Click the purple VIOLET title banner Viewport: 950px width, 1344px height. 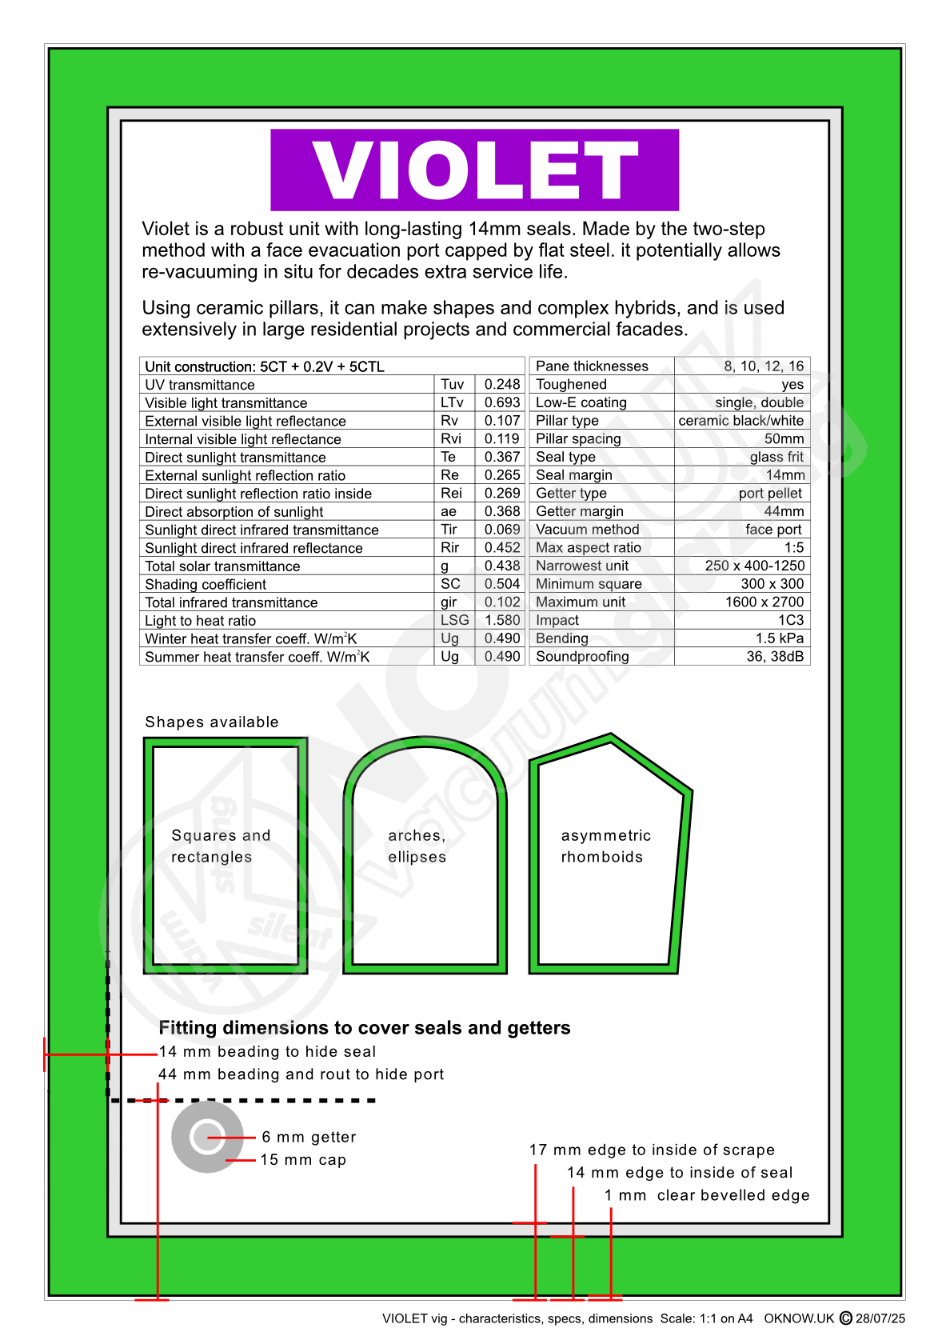474,170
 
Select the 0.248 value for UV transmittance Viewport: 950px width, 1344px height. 501,385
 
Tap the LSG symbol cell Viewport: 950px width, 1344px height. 454,620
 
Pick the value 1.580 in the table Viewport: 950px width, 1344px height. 501,620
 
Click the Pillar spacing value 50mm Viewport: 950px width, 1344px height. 784,439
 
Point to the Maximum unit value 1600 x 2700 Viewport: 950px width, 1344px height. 764,602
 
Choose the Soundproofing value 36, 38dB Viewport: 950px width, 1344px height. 775,657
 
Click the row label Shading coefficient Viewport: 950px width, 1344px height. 206,585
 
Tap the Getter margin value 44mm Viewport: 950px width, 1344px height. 784,511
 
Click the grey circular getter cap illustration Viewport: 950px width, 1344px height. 207,1137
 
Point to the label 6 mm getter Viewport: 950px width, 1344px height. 309,1138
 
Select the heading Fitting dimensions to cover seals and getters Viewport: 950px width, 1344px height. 365,1028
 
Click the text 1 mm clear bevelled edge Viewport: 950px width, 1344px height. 707,1195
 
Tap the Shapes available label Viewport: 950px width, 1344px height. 212,722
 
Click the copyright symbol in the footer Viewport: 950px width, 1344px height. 845,1318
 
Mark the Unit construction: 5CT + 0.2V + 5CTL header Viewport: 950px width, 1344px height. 265,367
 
